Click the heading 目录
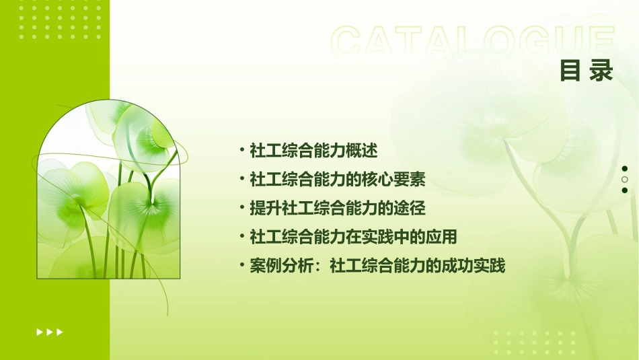pos(586,71)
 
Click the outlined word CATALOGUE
pos(472,42)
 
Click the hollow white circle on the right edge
pos(624,180)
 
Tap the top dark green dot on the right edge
pos(624,169)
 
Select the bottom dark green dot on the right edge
pos(624,190)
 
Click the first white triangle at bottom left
pos(39,332)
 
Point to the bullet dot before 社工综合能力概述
pos(242,149)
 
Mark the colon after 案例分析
pos(319,267)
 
